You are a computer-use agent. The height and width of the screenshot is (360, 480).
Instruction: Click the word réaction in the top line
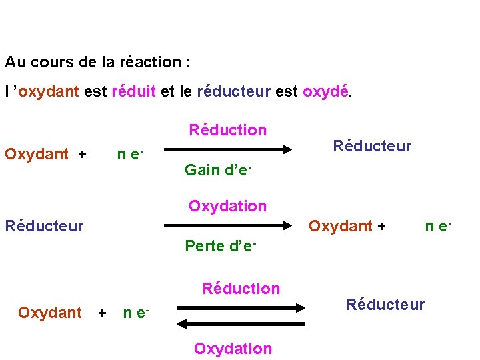click(151, 63)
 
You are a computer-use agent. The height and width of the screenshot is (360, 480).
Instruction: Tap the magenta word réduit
click(134, 92)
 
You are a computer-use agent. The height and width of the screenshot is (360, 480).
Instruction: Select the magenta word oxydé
click(326, 92)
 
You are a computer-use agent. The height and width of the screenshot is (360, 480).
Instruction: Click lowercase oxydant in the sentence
click(51, 92)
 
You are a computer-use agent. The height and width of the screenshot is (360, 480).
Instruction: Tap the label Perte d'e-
click(221, 246)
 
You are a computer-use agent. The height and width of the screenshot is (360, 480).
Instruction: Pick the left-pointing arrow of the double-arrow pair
click(241, 323)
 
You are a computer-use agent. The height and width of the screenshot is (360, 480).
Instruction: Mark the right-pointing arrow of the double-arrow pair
click(241, 307)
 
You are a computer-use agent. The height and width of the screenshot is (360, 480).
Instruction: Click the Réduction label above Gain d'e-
click(227, 130)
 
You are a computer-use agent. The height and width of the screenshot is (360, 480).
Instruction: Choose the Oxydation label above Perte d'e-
click(227, 206)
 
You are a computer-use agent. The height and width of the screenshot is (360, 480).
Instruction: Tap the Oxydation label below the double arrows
click(233, 349)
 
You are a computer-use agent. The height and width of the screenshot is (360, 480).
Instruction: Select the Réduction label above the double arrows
click(241, 289)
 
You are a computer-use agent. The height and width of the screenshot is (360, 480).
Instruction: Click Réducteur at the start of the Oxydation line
click(44, 226)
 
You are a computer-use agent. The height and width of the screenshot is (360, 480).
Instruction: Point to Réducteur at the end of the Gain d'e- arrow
click(373, 145)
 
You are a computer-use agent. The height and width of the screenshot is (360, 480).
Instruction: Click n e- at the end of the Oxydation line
click(439, 226)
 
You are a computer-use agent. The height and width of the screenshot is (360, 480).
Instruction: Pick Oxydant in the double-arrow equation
click(50, 313)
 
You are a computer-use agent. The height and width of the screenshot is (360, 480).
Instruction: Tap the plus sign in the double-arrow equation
click(102, 313)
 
